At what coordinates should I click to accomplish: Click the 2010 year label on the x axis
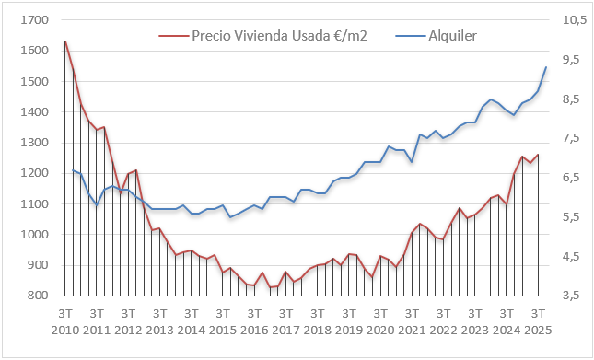pos(65,330)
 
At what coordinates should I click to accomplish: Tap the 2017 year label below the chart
pos(285,330)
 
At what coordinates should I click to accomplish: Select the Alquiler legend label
pos(452,35)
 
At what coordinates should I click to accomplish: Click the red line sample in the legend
pos(172,36)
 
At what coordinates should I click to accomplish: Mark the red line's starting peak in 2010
pos(65,41)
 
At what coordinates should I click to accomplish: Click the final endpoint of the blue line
pos(546,67)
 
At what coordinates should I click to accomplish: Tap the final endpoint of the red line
pos(538,155)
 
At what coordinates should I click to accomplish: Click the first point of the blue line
pos(73,170)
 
